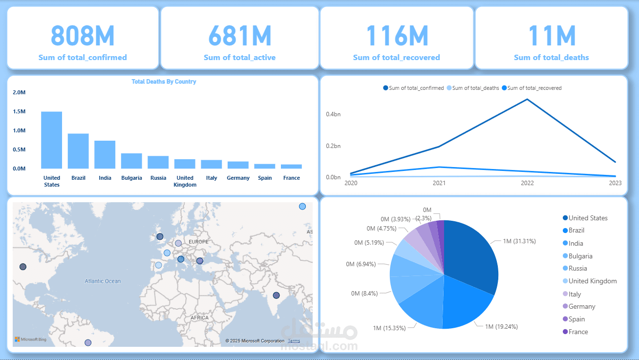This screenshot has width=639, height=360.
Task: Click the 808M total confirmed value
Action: (x=83, y=35)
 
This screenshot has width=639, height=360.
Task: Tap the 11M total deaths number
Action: (x=552, y=35)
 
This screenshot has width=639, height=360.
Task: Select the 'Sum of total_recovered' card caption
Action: (x=396, y=58)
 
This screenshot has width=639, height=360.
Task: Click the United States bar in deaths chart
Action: (x=51, y=141)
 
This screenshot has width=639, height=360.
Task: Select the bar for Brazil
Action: (x=78, y=151)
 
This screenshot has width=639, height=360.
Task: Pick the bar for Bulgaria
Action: (x=131, y=161)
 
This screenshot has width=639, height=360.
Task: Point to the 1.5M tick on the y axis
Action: (x=20, y=111)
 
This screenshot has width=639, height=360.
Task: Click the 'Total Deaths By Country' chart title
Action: (x=164, y=82)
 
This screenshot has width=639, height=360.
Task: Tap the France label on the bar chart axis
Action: (x=291, y=178)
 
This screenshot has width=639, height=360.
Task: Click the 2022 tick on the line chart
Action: (x=527, y=183)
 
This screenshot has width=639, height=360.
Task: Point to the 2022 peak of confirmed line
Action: (x=527, y=100)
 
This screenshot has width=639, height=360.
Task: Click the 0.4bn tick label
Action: (x=333, y=114)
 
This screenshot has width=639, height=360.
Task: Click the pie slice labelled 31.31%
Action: (x=471, y=254)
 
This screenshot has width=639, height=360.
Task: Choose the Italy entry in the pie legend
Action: (x=575, y=294)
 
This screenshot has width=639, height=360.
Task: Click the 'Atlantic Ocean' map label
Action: (x=103, y=281)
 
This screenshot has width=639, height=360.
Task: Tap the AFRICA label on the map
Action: (x=199, y=318)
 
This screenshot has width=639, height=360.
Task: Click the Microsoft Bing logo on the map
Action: (x=30, y=339)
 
